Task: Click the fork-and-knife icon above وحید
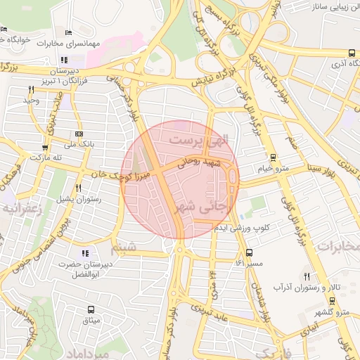(31, 89)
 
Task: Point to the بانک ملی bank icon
(78, 134)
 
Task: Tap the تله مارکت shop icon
(46, 148)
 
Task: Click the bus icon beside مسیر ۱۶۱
(250, 252)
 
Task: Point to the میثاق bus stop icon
(91, 309)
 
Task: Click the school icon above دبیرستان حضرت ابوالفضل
(85, 253)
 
